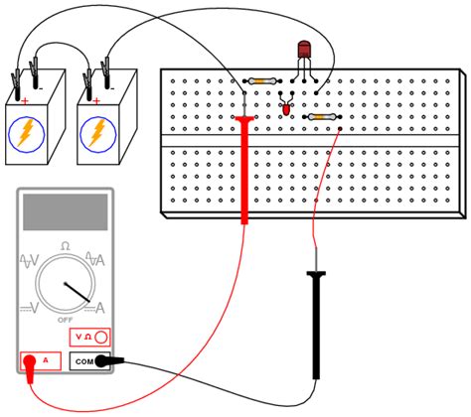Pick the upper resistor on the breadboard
click(x=263, y=80)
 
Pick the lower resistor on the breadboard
click(x=317, y=117)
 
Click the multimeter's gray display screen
click(x=65, y=212)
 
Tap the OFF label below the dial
click(x=66, y=321)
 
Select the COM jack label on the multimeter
click(x=83, y=361)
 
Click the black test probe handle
click(x=317, y=328)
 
